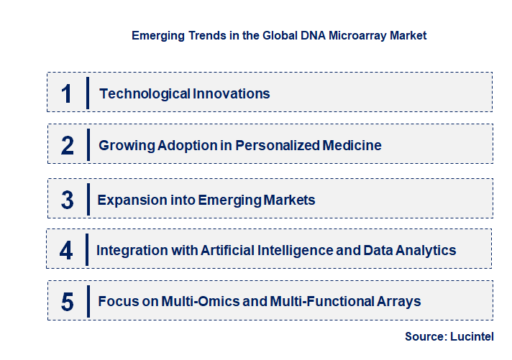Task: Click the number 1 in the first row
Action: [x=67, y=93]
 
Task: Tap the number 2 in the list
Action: [x=68, y=146]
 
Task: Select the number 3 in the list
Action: [x=68, y=200]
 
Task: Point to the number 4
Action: [x=67, y=251]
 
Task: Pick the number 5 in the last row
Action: [x=68, y=302]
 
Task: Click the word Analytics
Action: [x=425, y=251]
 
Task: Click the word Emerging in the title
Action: [x=156, y=35]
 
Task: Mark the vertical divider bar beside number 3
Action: [x=87, y=200]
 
